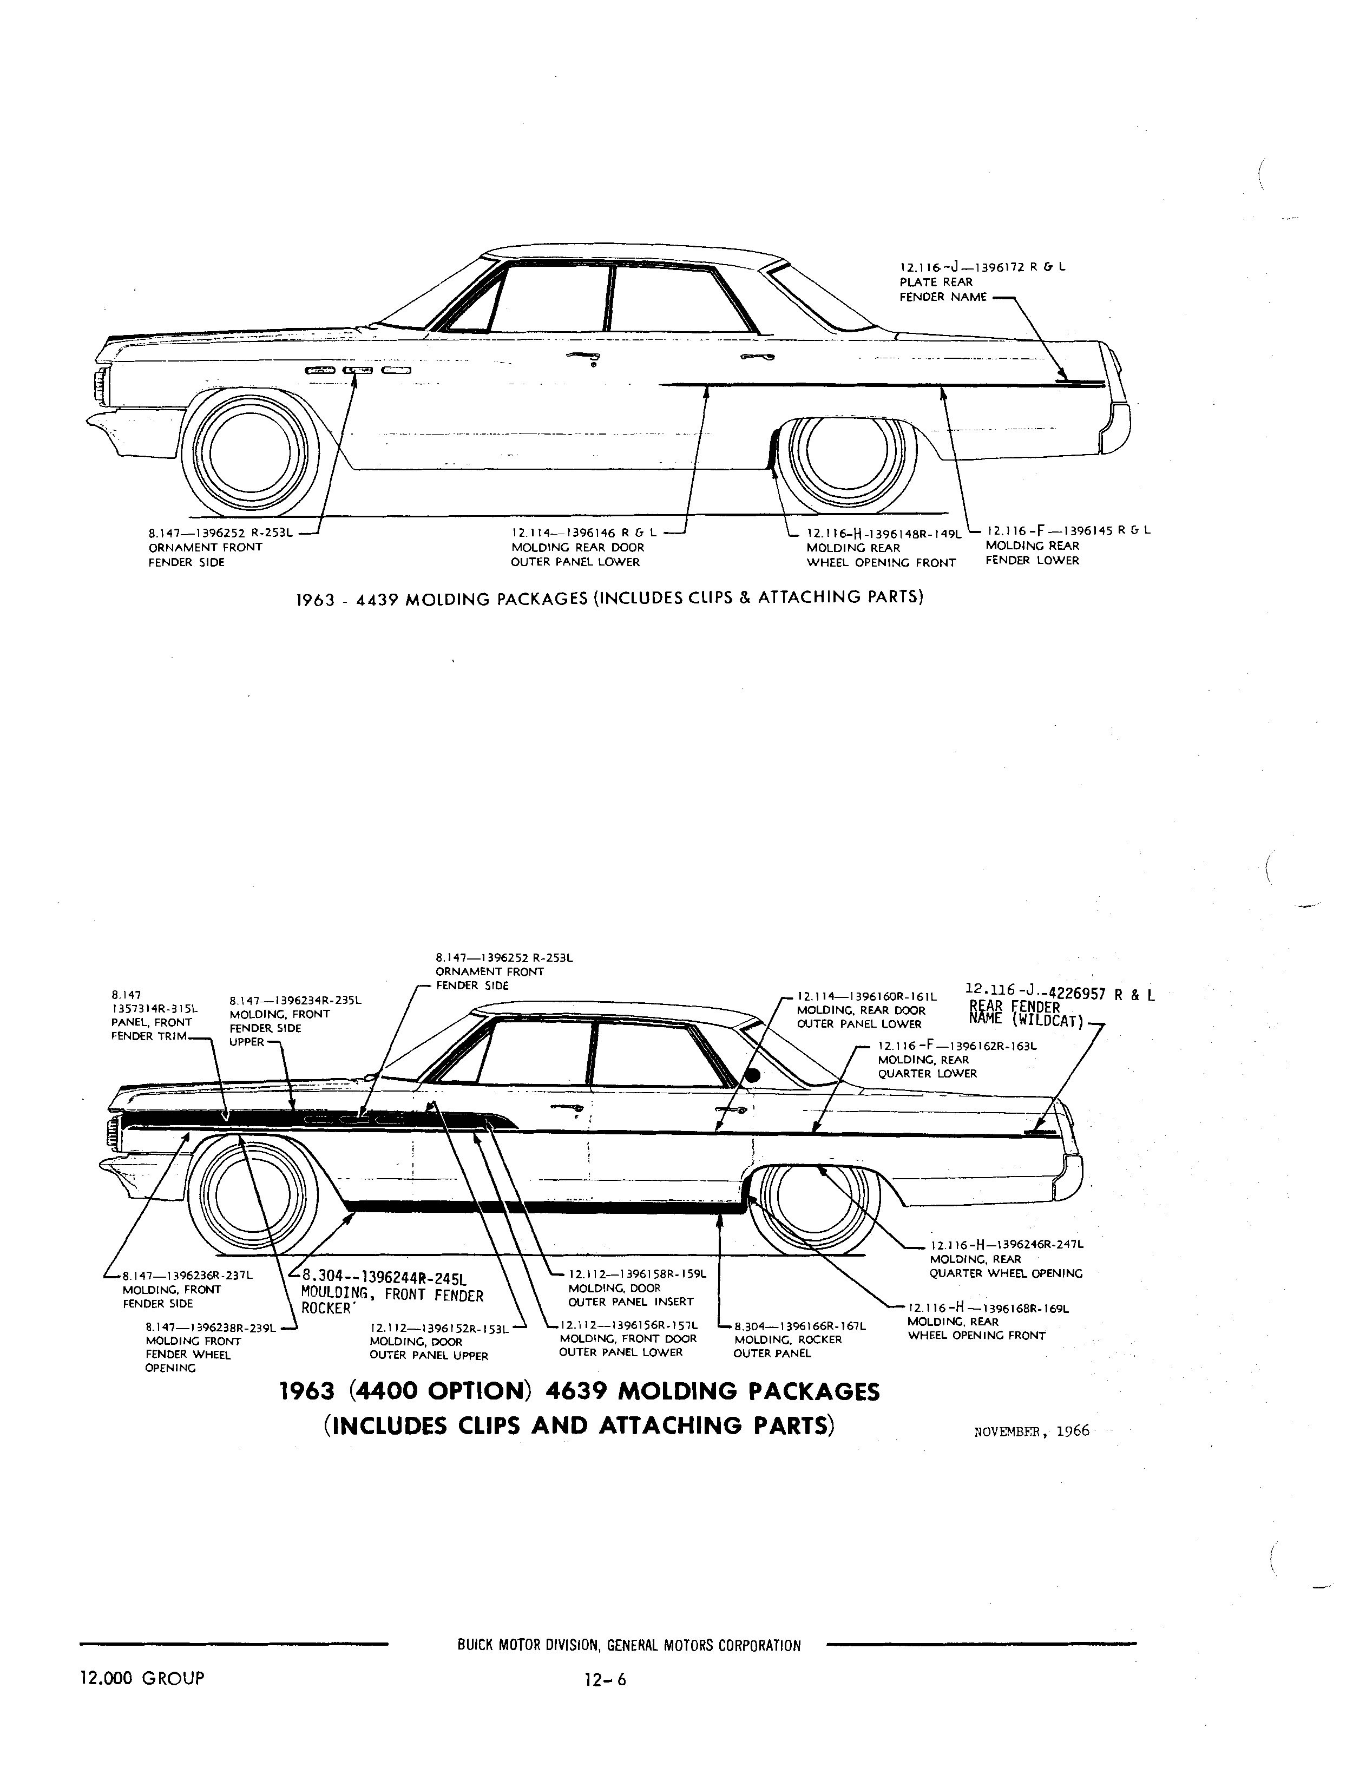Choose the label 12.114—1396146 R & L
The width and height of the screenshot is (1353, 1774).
click(x=584, y=533)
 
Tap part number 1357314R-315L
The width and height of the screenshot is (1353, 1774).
click(x=155, y=1008)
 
